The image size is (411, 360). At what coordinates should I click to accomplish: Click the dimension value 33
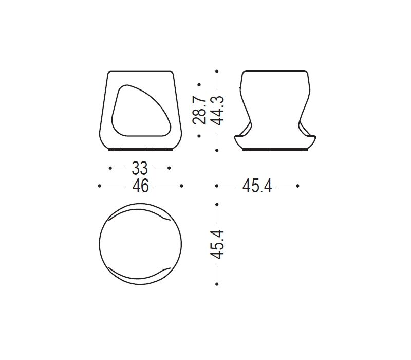click(140, 168)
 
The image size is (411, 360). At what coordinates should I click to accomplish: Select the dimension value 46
click(140, 186)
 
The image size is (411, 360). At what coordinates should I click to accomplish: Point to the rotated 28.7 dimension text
click(199, 110)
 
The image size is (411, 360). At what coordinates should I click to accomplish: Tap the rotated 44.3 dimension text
click(217, 110)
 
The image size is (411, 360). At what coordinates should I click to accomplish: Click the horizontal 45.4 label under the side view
click(257, 186)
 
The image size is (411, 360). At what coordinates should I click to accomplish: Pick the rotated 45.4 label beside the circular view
click(217, 244)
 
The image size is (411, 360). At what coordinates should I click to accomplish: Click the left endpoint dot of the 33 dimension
click(110, 168)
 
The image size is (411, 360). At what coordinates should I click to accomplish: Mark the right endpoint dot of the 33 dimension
click(169, 168)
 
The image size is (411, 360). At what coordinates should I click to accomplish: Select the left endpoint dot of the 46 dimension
click(99, 186)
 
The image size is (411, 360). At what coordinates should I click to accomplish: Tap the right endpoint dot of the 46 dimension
click(181, 186)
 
